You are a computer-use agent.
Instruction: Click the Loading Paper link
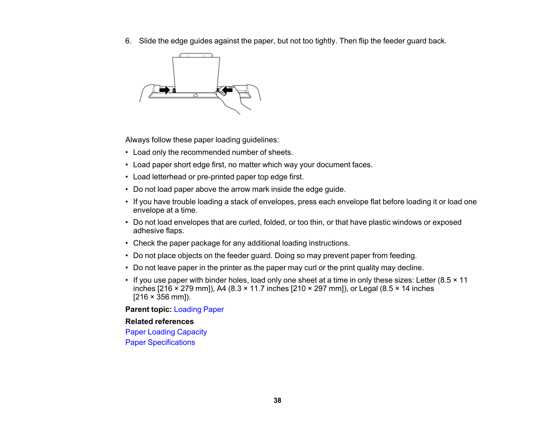198,309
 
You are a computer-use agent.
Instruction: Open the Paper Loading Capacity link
166,332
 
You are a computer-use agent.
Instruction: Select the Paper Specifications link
160,342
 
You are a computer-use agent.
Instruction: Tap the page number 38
277,400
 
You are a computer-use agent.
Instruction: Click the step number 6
128,41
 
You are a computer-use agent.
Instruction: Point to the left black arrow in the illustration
164,90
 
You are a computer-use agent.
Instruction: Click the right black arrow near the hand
227,90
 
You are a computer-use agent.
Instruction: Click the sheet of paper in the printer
196,74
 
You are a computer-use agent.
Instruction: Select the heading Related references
159,321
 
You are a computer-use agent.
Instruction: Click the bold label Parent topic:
148,309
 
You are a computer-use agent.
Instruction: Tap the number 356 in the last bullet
163,297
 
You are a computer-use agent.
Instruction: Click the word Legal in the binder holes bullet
368,289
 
